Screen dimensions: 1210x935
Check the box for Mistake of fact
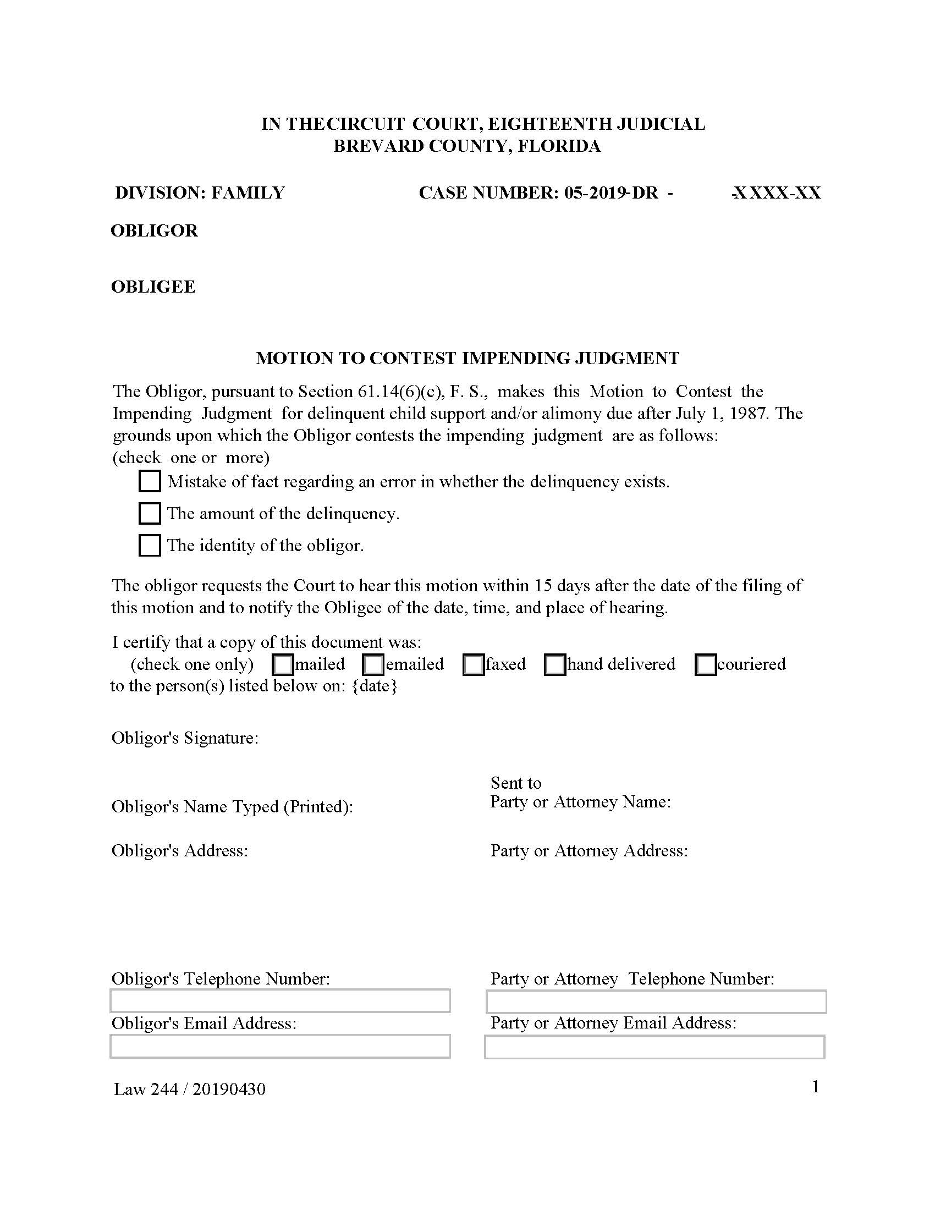pyautogui.click(x=149, y=481)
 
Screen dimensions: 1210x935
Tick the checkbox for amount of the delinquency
pyautogui.click(x=149, y=513)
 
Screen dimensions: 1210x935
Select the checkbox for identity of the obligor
pyautogui.click(x=149, y=545)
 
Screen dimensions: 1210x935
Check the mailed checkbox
pyautogui.click(x=283, y=665)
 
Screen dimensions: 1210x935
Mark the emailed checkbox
pyautogui.click(x=373, y=665)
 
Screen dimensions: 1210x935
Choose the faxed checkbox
pyautogui.click(x=474, y=665)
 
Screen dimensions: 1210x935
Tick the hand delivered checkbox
pyautogui.click(x=555, y=665)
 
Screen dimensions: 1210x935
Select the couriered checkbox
pyautogui.click(x=705, y=665)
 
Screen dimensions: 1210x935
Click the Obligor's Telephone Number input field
pyautogui.click(x=280, y=1001)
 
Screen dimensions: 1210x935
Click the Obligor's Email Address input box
pyautogui.click(x=280, y=1047)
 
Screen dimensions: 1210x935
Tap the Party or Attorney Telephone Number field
pyautogui.click(x=656, y=1002)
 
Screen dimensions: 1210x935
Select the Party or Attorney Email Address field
pyautogui.click(x=654, y=1047)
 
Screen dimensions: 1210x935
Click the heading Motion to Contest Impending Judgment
pyautogui.click(x=468, y=359)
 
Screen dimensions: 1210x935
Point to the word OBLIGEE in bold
pyautogui.click(x=153, y=287)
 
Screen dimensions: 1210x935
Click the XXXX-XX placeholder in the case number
pyautogui.click(x=777, y=193)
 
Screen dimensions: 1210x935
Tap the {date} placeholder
pyautogui.click(x=375, y=686)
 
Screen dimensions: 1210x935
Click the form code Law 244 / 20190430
pyautogui.click(x=189, y=1089)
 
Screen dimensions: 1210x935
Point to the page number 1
pyautogui.click(x=815, y=1087)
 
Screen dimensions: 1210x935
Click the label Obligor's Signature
pyautogui.click(x=185, y=738)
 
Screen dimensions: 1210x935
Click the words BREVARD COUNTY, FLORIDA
pyautogui.click(x=467, y=146)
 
